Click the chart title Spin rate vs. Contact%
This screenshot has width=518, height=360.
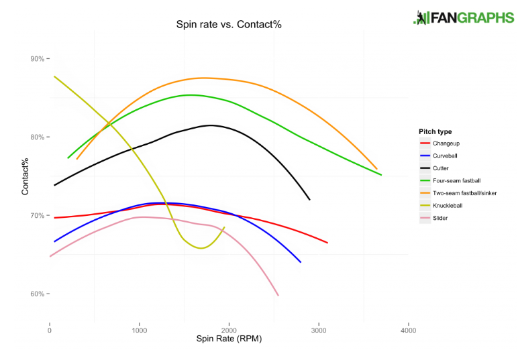pos(229,24)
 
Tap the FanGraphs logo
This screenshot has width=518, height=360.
pos(464,17)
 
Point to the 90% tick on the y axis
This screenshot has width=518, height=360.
pos(38,59)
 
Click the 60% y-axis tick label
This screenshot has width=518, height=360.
pos(38,294)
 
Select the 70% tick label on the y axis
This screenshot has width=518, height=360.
pos(38,215)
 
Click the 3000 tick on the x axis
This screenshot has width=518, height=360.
pos(319,331)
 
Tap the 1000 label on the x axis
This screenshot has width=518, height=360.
pos(140,331)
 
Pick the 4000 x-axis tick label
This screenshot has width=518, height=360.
pos(409,331)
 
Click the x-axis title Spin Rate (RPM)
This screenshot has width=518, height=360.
pos(229,339)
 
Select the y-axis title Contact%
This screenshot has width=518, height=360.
pos(25,176)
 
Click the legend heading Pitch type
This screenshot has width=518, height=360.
pos(435,131)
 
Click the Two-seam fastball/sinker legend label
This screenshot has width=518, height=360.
pos(464,193)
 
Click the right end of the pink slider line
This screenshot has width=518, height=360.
pos(278,296)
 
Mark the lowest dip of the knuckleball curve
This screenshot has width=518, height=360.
pos(201,248)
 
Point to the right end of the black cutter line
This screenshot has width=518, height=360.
pos(309,200)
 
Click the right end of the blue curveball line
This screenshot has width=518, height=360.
pos(301,262)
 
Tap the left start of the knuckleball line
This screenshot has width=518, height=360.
pos(54,76)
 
